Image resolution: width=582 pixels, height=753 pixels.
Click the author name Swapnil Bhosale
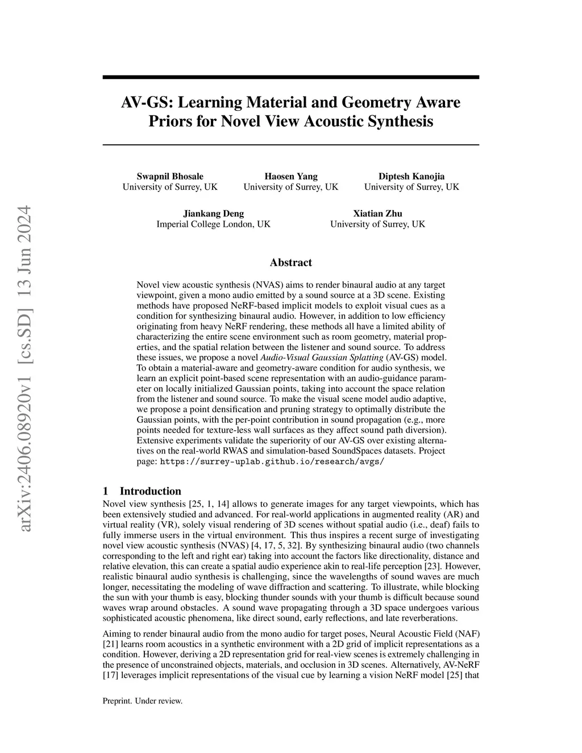[170, 176]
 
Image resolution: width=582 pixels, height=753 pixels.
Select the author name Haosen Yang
[291, 176]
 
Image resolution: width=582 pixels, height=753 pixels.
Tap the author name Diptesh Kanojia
[411, 176]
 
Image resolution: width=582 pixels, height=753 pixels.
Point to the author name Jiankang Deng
[213, 214]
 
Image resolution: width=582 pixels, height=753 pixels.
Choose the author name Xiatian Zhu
[377, 214]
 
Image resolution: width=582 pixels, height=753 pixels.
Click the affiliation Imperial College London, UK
[213, 224]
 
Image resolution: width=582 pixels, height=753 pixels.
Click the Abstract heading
[290, 263]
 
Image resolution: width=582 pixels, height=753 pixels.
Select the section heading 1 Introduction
[142, 491]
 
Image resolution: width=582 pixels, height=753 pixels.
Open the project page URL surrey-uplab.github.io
[272, 461]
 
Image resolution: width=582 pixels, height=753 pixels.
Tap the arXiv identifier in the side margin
[25, 369]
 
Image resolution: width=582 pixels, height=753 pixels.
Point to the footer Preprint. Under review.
[142, 701]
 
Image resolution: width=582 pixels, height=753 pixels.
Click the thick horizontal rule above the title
[290, 77]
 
